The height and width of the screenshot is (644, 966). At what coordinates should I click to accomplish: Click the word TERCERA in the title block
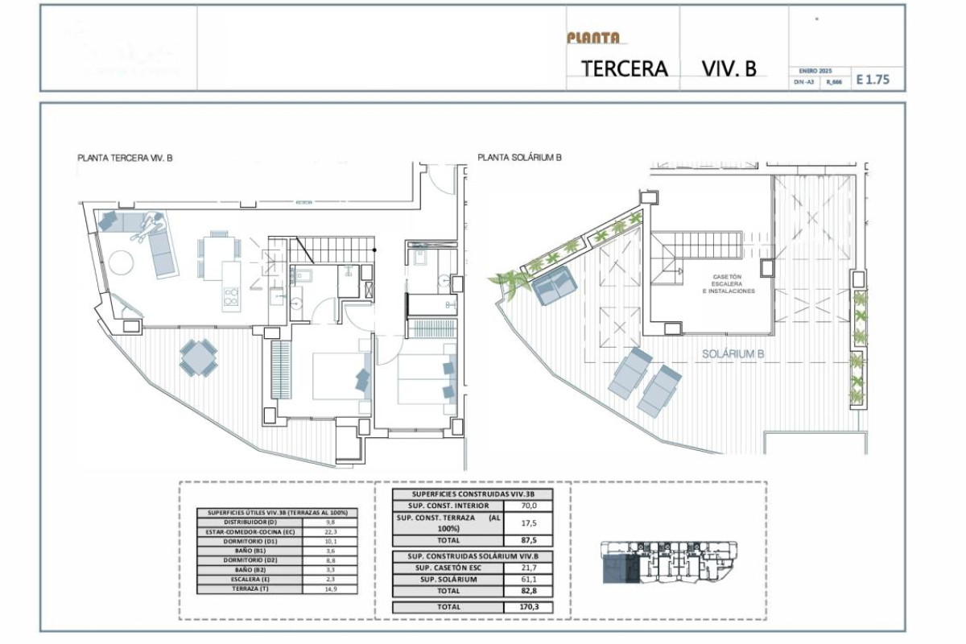click(625, 68)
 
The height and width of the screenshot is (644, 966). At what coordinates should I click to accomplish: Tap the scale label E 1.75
click(873, 80)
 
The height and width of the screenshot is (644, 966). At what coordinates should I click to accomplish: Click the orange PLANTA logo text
click(593, 37)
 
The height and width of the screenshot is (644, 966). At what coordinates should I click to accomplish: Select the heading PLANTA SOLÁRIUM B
click(519, 158)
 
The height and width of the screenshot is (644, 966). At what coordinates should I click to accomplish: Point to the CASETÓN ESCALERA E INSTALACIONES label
click(733, 283)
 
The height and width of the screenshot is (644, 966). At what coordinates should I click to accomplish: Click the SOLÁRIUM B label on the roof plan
click(733, 353)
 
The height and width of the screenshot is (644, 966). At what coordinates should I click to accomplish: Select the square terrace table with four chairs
click(198, 357)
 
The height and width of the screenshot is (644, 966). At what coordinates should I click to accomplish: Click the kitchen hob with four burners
click(230, 297)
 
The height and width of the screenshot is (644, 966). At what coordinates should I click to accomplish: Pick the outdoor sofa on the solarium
click(554, 286)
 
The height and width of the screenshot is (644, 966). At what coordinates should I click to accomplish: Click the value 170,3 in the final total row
click(526, 606)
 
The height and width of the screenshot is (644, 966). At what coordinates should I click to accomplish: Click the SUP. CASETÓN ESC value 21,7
click(526, 568)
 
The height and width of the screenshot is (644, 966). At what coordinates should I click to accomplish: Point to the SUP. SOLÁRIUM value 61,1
click(526, 580)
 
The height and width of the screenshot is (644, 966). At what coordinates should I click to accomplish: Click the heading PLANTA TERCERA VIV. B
click(125, 159)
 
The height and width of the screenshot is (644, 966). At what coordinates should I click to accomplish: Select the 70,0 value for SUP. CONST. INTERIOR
click(526, 506)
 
